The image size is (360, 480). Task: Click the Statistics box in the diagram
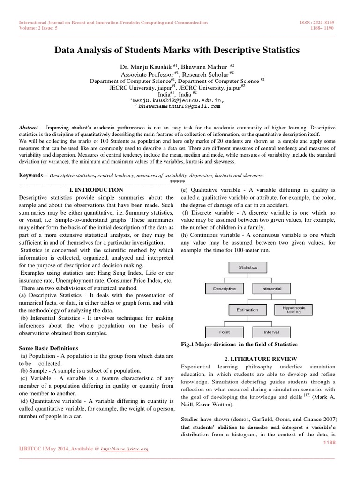[247, 267]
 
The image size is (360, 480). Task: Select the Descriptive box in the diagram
[225, 288]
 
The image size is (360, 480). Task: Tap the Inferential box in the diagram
[271, 288]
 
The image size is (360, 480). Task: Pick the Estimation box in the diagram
[247, 310]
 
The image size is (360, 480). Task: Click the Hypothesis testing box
[293, 310]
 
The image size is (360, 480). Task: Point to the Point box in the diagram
[225, 332]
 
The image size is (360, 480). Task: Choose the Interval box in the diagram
[271, 332]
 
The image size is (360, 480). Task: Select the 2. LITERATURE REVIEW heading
[258, 359]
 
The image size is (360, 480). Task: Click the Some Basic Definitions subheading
[49, 348]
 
